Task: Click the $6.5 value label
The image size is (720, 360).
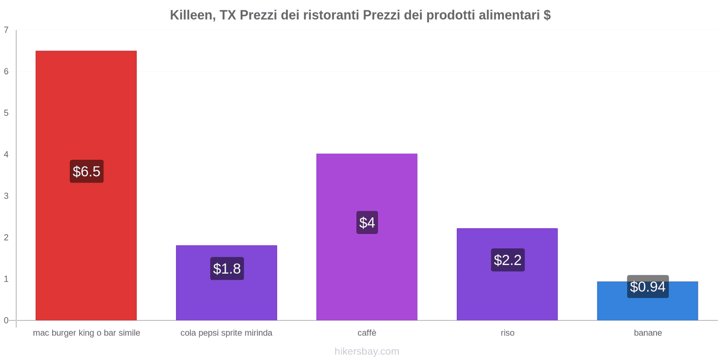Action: pos(86,171)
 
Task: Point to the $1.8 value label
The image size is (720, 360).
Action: pos(227,269)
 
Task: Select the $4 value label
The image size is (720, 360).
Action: pos(367,223)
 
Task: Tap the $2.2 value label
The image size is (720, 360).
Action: pos(508,260)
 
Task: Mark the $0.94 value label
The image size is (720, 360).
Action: pos(648,287)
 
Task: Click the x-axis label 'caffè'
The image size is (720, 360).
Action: pos(367,333)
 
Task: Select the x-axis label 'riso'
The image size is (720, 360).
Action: pos(507,333)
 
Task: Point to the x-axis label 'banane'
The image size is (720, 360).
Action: pos(648,333)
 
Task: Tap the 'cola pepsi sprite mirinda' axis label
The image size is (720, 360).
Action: pos(226,333)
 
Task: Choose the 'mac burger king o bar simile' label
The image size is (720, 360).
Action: pos(86,333)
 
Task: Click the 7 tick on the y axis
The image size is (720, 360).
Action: pos(6,30)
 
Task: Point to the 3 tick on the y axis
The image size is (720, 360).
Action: pos(6,196)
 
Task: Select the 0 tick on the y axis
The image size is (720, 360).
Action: pos(6,320)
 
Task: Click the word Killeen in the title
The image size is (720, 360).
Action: pos(191,15)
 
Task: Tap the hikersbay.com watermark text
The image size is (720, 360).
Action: pos(367,351)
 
